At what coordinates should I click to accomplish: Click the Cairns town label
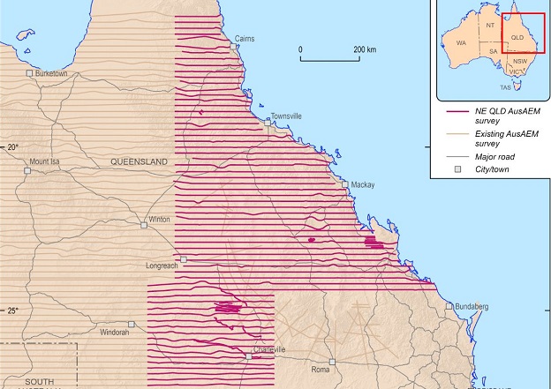[x=245, y=39]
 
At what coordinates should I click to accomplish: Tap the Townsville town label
[x=286, y=116]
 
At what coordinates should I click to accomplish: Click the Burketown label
[x=51, y=73]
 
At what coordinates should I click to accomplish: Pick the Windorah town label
[x=115, y=333]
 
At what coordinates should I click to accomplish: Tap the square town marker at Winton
[x=144, y=225]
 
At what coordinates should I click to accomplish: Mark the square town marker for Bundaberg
[x=449, y=306]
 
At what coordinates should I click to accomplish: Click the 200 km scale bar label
[x=363, y=49]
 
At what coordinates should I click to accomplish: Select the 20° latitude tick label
[x=12, y=146]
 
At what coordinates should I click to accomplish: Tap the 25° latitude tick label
[x=12, y=310]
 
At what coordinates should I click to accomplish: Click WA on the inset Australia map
[x=461, y=42]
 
